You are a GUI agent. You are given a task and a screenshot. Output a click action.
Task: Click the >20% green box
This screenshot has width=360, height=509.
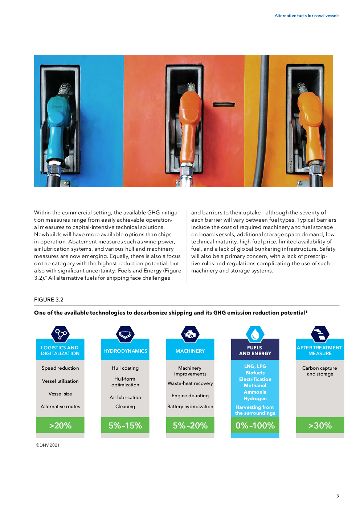[x=60, y=425]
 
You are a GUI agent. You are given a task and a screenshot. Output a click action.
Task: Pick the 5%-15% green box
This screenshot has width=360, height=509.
[x=125, y=425]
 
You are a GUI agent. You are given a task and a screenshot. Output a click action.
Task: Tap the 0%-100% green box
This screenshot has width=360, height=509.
[x=255, y=425]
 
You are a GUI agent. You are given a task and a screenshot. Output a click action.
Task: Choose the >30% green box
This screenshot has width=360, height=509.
[x=320, y=425]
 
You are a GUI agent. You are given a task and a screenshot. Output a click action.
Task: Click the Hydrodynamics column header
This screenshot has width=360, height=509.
[x=125, y=350]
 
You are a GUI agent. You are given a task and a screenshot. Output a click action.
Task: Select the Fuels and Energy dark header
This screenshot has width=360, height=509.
[x=255, y=350]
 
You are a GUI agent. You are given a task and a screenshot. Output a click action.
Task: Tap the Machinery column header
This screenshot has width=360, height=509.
[x=190, y=350]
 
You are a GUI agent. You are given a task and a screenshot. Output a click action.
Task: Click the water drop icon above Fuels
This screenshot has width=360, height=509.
[x=255, y=334]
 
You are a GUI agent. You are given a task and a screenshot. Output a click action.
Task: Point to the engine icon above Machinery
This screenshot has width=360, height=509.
[x=190, y=334]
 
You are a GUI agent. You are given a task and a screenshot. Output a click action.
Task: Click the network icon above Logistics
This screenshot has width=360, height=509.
[x=60, y=334]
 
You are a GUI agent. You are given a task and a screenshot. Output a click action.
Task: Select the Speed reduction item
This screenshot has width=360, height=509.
[x=60, y=368]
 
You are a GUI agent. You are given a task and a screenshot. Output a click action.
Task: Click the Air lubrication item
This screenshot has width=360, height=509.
[x=125, y=397]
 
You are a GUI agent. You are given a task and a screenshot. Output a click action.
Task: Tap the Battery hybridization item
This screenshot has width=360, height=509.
[x=190, y=406]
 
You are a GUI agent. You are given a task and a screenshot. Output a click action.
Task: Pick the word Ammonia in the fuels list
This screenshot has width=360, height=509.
[x=255, y=392]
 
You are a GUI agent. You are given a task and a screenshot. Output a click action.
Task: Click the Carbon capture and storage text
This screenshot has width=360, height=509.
[x=320, y=371]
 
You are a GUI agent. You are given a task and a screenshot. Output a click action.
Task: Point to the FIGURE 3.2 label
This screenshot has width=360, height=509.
[x=49, y=299]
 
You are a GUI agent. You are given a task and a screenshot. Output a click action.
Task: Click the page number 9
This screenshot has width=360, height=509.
[x=338, y=496]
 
